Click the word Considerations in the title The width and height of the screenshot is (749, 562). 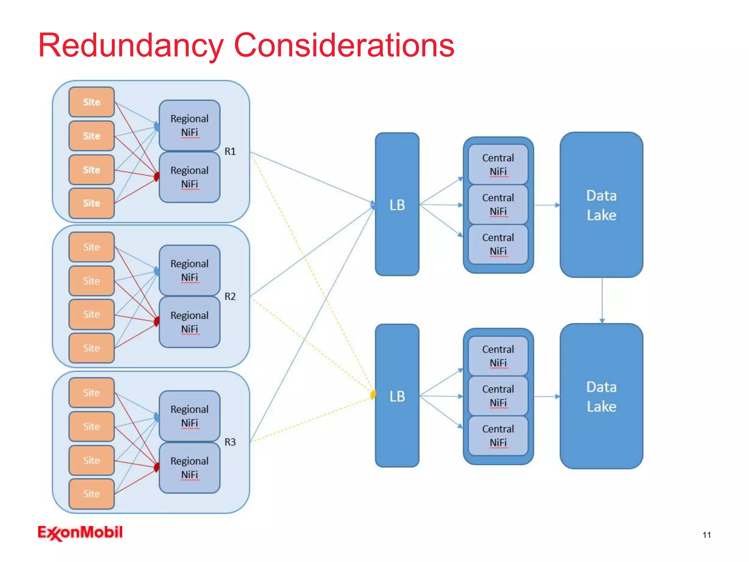point(344,46)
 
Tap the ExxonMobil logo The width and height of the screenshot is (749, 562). point(80,533)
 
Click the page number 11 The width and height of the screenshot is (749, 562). point(707,535)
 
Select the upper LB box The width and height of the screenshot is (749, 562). point(397,204)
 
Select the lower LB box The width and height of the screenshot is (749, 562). point(397,396)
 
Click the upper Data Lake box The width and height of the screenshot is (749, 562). point(601,205)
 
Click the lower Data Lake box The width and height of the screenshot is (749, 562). point(601,396)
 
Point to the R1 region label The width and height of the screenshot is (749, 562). point(230,151)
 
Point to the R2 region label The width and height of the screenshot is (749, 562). point(230,296)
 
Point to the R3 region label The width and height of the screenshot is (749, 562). point(230,442)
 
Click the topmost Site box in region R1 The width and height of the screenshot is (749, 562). point(91,102)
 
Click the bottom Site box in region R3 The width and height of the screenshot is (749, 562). point(91,494)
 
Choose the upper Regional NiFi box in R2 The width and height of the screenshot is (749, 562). point(189,270)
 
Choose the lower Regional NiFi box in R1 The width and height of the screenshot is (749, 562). point(189,177)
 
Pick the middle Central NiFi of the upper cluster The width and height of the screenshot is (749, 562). point(498,205)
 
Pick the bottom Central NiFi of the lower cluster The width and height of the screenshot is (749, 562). point(498,435)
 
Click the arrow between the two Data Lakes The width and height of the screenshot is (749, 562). point(602,300)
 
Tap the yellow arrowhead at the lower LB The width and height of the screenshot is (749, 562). point(373,395)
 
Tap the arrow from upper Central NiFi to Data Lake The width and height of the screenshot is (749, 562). point(547,205)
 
